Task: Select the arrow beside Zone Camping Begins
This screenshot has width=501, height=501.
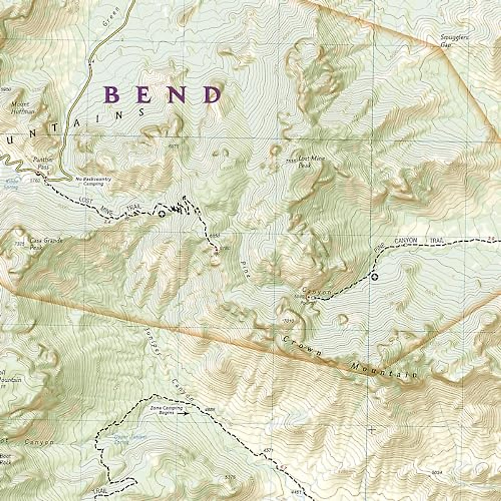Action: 183,413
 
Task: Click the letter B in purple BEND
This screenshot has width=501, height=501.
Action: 113,95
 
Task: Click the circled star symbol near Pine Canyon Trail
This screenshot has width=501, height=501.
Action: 374,276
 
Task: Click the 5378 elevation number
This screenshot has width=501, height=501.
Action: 230,477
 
